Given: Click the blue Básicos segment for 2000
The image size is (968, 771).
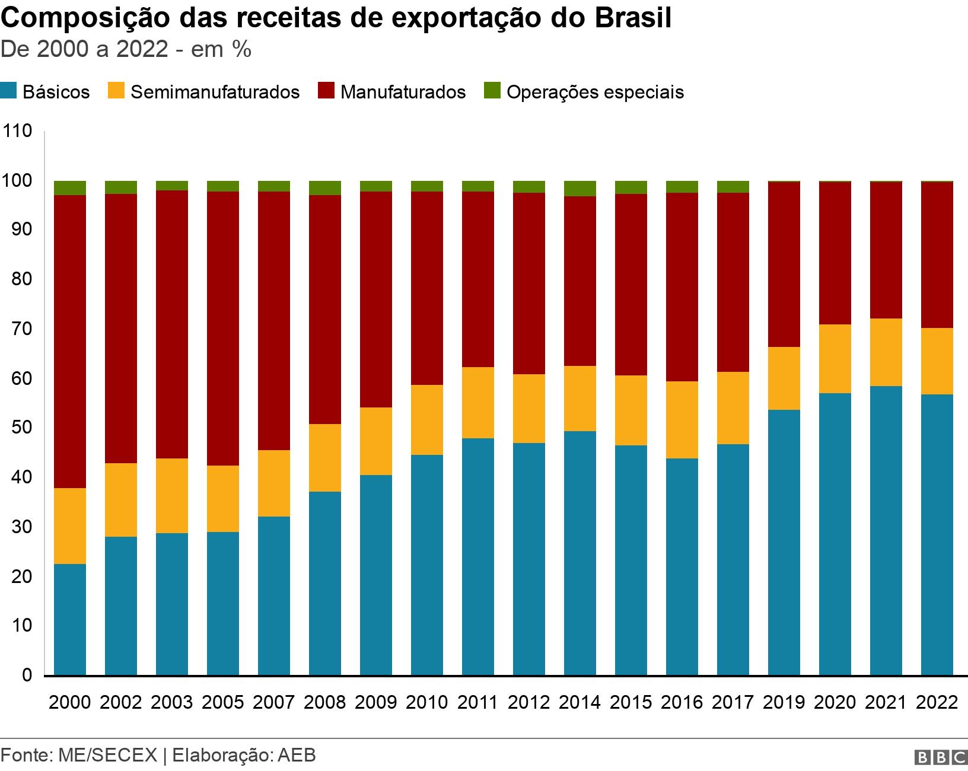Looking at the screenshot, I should pos(70,619).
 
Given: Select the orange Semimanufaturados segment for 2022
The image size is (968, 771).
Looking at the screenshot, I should pos(937,361).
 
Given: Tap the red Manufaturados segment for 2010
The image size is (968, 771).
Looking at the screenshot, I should pos(427,288).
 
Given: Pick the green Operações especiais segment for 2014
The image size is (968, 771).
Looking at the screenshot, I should pos(580,188).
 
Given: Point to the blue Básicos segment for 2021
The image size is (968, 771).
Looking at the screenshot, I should pos(886,530).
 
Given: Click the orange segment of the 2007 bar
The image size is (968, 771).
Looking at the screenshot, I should pos(274,483).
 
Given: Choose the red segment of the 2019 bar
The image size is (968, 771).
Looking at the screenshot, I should pos(784,264).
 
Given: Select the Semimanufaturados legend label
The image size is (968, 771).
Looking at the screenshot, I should pos(215,93).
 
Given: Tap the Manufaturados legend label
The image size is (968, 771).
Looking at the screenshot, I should pos(403,93).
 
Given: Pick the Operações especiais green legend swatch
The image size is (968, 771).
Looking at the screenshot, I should pos(492,91).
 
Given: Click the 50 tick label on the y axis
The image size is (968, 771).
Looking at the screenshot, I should pos(21,428).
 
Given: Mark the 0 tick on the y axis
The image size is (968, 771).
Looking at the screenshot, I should pos(27,675).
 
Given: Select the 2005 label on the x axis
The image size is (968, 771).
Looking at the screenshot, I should pos(223,702).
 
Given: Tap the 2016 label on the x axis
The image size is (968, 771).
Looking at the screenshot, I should pos(682,702).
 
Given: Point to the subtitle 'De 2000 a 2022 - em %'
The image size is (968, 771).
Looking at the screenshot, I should pos(126,50).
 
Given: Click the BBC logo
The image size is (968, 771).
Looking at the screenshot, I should pos(940,757).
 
